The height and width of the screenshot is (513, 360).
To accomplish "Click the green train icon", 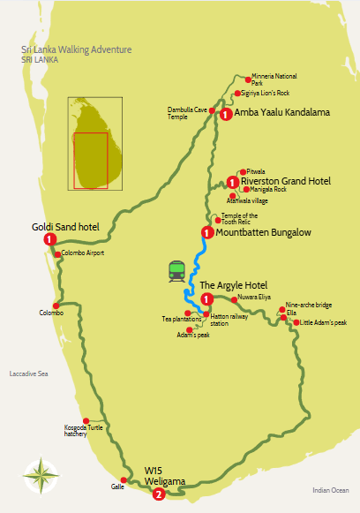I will [176, 271].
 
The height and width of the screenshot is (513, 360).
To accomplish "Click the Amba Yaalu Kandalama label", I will [281, 114].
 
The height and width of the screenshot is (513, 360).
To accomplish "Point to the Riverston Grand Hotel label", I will [286, 181].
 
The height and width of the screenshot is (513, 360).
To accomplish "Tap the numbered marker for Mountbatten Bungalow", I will [207, 233].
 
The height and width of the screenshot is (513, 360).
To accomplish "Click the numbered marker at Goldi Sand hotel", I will [50, 238].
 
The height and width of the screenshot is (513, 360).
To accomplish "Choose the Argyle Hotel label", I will [231, 285].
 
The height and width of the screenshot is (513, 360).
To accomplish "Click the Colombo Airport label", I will [83, 253].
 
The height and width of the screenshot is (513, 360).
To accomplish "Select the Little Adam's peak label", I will [325, 322].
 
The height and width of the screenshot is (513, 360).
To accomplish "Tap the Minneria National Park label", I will [273, 79].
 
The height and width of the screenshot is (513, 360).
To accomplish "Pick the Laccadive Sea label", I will [28, 374].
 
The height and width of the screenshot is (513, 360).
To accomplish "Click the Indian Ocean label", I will [331, 489].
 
